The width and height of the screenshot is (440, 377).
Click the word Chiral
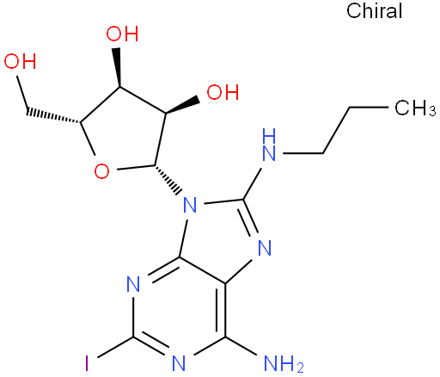[374, 11]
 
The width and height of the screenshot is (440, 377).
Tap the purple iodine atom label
[87, 363]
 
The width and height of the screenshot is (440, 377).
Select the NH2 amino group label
[284, 363]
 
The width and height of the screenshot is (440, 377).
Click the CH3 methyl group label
[415, 108]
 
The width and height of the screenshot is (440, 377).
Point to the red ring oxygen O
[101, 171]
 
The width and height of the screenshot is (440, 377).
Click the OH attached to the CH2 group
[20, 61]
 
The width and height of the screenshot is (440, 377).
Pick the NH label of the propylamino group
[269, 145]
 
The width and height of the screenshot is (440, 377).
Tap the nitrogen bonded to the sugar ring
[190, 205]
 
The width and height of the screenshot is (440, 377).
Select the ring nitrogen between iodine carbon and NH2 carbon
[179, 363]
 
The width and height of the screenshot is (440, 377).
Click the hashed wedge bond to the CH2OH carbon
[53, 116]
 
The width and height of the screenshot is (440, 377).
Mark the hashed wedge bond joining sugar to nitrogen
[168, 180]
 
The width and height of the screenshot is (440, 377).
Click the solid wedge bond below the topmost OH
[118, 67]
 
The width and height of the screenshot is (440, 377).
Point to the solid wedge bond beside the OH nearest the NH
[182, 106]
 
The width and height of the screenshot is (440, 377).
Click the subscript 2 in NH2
[300, 368]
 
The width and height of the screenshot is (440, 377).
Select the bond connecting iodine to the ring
[115, 347]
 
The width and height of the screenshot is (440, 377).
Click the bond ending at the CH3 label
[369, 108]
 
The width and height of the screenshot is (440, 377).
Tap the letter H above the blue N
[270, 135]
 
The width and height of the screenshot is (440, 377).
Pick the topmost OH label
[122, 34]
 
